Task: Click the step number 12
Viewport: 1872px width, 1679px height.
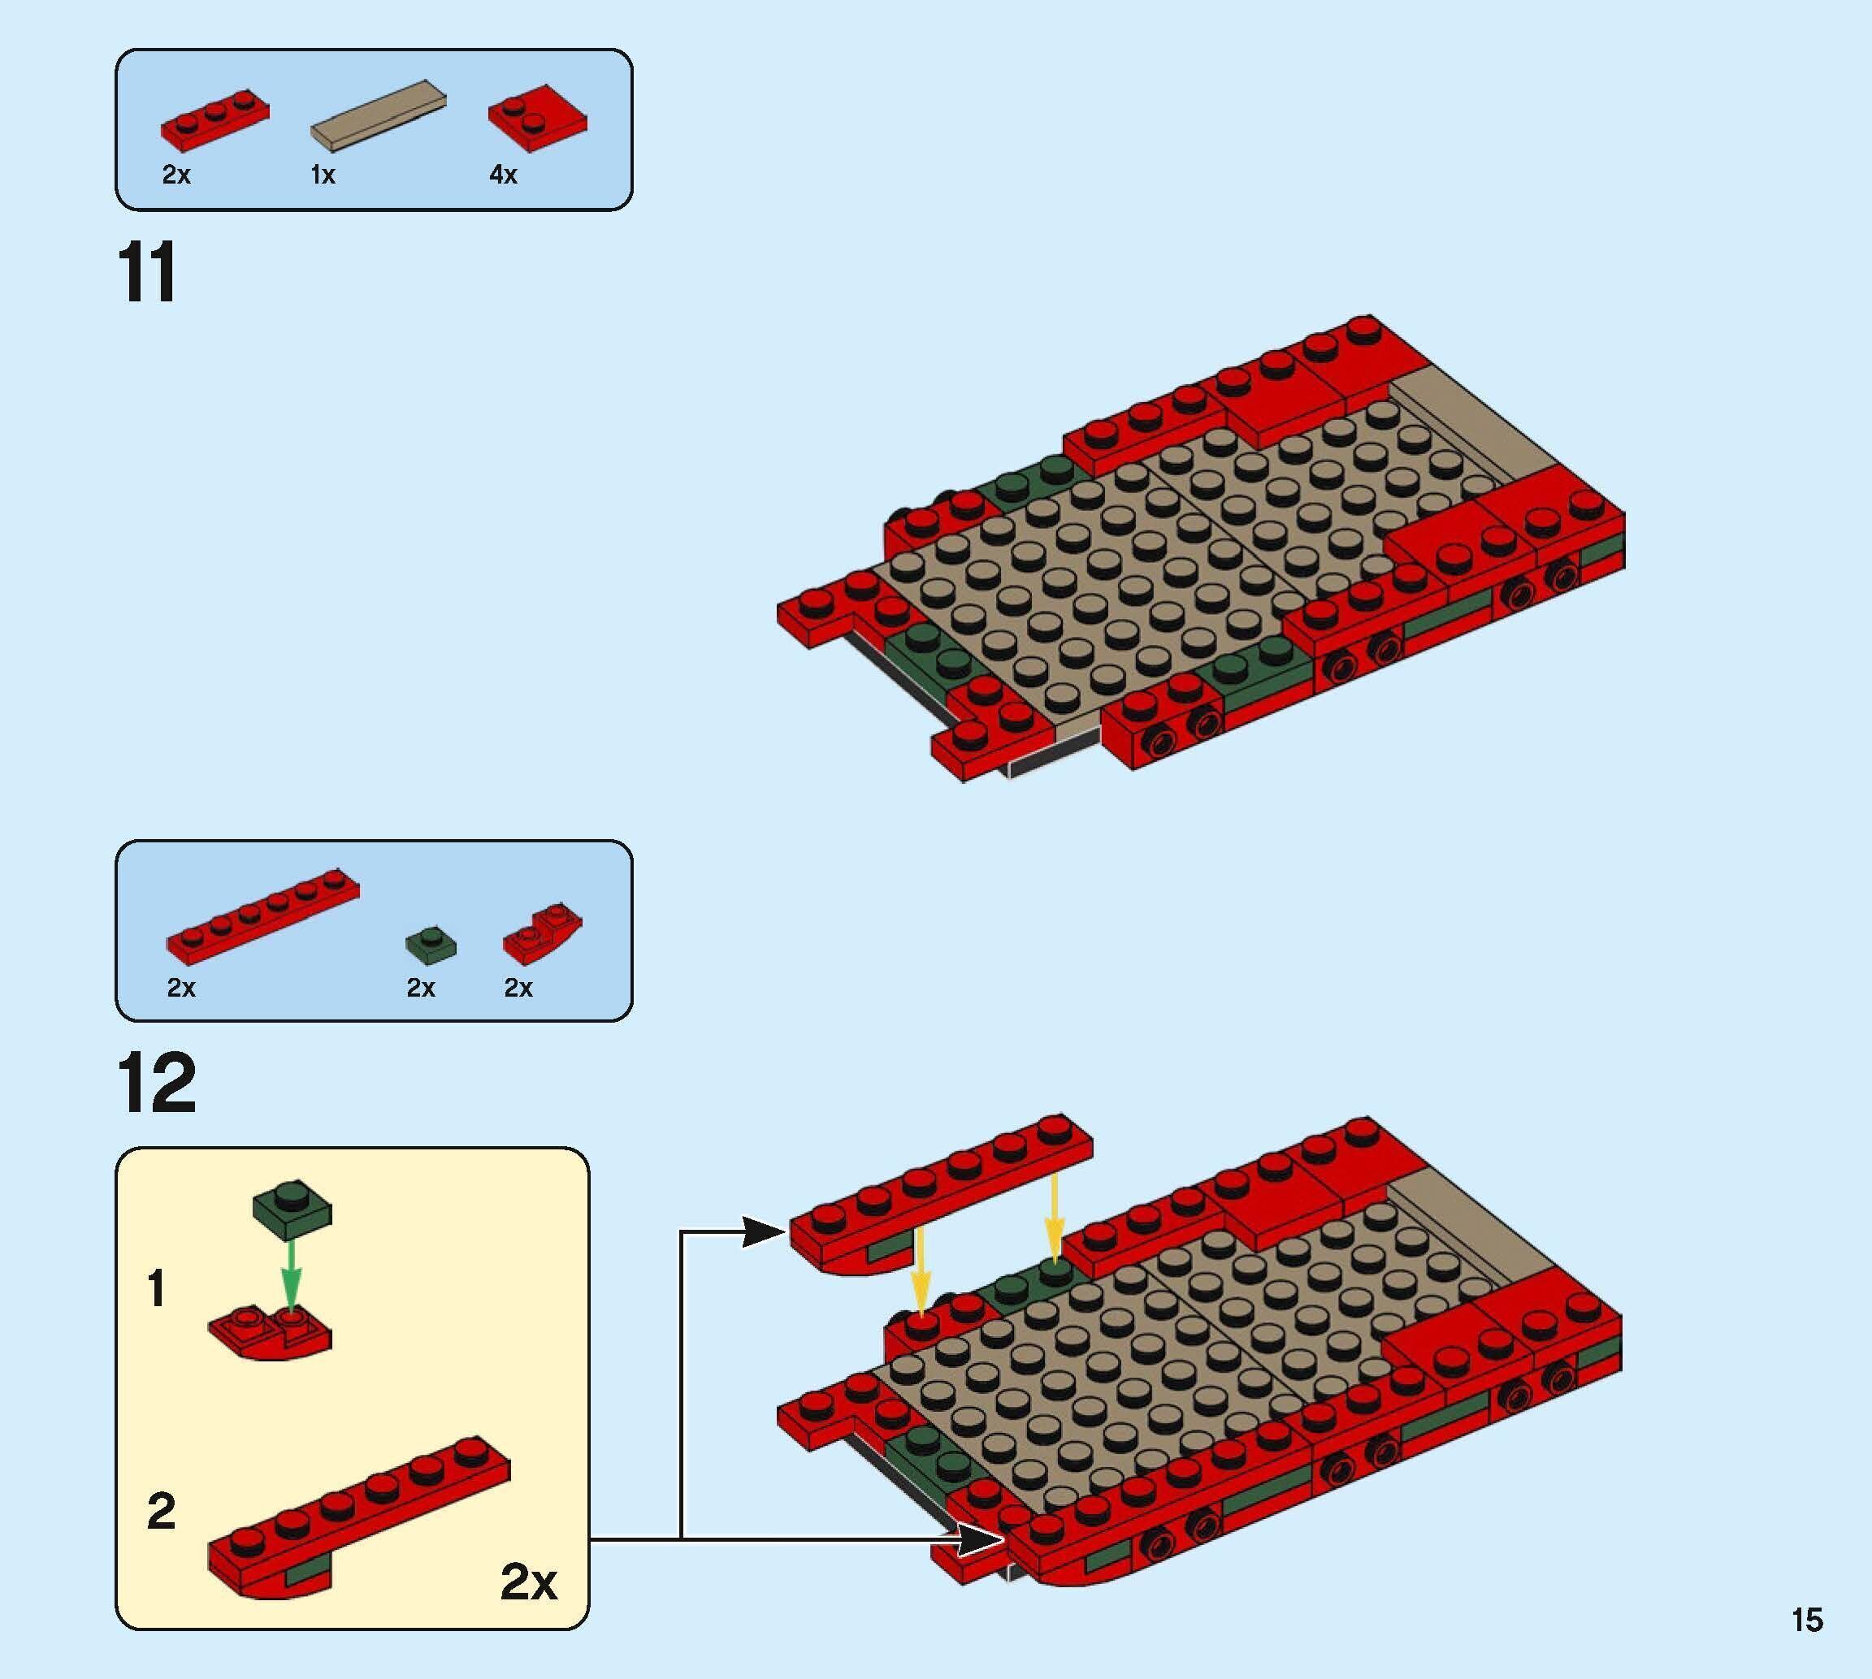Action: (x=157, y=1083)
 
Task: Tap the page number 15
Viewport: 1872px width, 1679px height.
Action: (x=1806, y=1620)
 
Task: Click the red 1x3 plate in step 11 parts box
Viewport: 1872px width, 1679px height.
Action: (x=215, y=118)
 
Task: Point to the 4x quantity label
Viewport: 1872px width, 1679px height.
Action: (x=503, y=175)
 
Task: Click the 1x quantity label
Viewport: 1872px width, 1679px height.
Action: (x=323, y=175)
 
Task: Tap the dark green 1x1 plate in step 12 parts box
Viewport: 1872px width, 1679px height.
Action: (x=431, y=942)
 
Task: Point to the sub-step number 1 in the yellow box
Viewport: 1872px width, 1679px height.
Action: (x=157, y=1289)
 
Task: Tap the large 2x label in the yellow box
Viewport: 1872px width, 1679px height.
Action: (x=528, y=1582)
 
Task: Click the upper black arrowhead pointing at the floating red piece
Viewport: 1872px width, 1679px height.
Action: (x=764, y=1231)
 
